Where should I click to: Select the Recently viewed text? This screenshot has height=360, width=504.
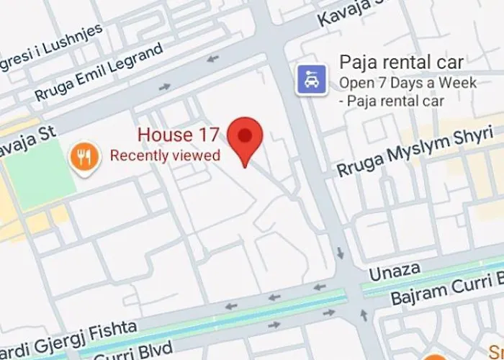(165, 155)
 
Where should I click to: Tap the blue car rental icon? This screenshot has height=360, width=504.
(312, 79)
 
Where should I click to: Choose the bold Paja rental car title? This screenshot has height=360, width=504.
(402, 62)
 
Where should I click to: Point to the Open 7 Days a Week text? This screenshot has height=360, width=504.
(408, 84)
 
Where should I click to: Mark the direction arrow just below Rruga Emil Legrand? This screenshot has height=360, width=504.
(165, 87)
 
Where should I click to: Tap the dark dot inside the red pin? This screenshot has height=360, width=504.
(246, 135)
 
